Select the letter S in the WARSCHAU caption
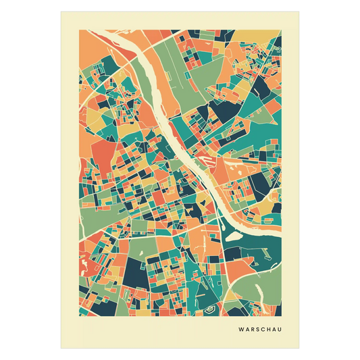[x=257, y=330]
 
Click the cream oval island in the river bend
[x=237, y=236]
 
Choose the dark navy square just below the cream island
[x=232, y=254]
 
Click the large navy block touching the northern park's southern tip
[x=220, y=111]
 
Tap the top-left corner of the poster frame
[x=60, y=11]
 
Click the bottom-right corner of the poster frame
[x=300, y=349]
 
